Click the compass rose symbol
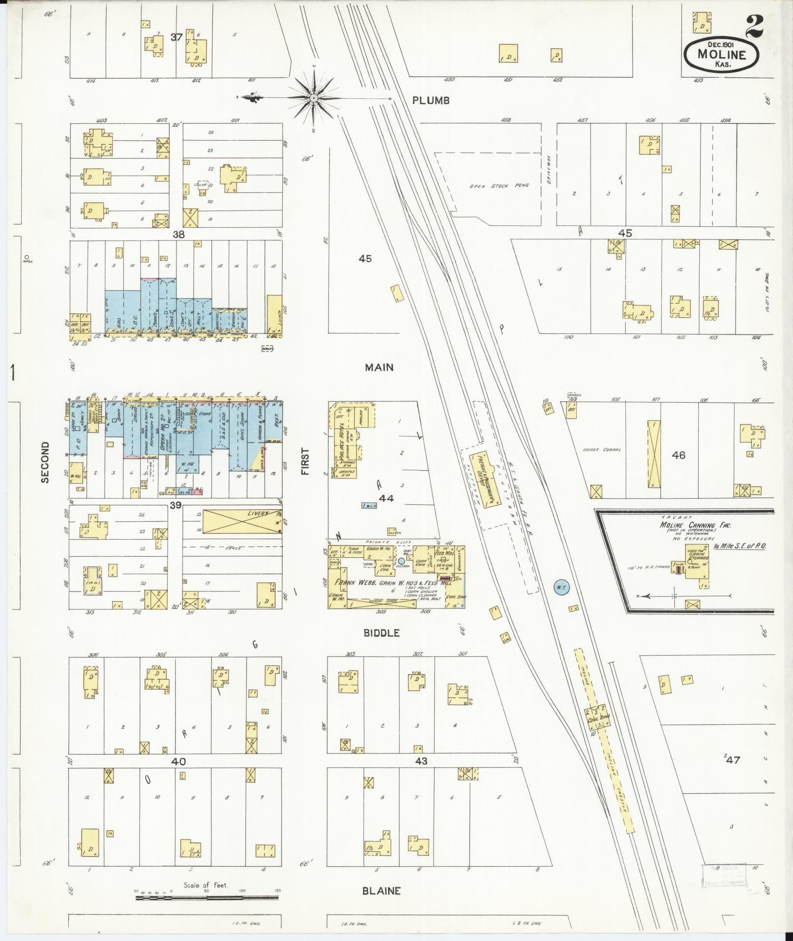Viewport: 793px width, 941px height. click(313, 98)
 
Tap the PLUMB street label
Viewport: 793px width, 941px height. click(431, 100)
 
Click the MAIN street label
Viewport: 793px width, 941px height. click(379, 367)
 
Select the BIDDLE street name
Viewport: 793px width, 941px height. click(381, 633)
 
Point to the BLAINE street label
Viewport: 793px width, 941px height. click(381, 891)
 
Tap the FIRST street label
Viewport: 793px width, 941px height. click(306, 461)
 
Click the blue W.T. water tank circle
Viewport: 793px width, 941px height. click(560, 587)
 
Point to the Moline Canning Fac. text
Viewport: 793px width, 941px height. click(695, 525)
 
